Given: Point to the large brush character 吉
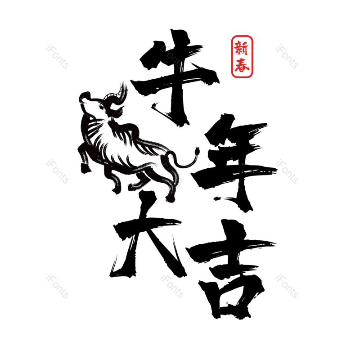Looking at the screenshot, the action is pyautogui.click(x=232, y=269).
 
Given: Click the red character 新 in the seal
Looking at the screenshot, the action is pyautogui.click(x=242, y=48).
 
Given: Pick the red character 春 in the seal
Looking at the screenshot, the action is pyautogui.click(x=242, y=65).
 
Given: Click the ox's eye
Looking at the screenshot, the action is pyautogui.click(x=101, y=106).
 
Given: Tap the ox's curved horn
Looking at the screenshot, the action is pyautogui.click(x=117, y=94).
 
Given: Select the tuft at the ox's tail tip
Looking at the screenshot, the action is pyautogui.click(x=197, y=151).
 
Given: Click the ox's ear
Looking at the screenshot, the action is pyautogui.click(x=117, y=111).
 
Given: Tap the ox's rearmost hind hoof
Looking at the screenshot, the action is pyautogui.click(x=170, y=198).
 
